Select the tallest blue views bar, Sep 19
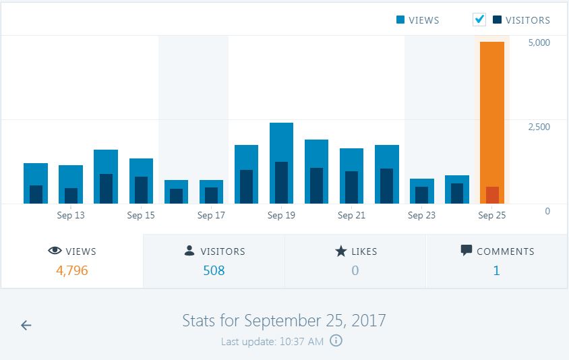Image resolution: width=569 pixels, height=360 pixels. [x=281, y=142]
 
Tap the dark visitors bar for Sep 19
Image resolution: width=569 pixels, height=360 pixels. [x=281, y=183]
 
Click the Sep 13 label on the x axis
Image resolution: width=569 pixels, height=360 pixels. [x=71, y=216]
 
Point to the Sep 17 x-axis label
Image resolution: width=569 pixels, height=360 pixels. [x=211, y=216]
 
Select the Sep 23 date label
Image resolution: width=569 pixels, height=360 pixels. [x=421, y=216]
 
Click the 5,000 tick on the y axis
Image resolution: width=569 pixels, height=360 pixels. [x=539, y=42]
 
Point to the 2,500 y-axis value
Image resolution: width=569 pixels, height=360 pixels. [x=539, y=127]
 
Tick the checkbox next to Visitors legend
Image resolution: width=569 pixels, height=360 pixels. [x=479, y=20]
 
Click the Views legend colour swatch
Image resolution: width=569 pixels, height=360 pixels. [x=400, y=20]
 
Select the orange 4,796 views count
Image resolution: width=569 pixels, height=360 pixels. [x=72, y=271]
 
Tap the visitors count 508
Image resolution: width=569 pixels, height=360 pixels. [x=214, y=271]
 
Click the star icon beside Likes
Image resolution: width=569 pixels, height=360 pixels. [x=341, y=251]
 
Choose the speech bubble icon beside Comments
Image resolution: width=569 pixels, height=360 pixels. [x=467, y=251]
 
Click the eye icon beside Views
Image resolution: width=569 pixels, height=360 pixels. [x=55, y=251]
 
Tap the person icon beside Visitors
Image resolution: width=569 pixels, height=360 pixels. [x=189, y=251]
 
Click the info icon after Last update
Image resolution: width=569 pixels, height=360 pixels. [x=336, y=341]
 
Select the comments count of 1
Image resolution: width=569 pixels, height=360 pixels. [x=497, y=271]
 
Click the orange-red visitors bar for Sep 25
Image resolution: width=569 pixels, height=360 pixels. [x=492, y=195]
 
